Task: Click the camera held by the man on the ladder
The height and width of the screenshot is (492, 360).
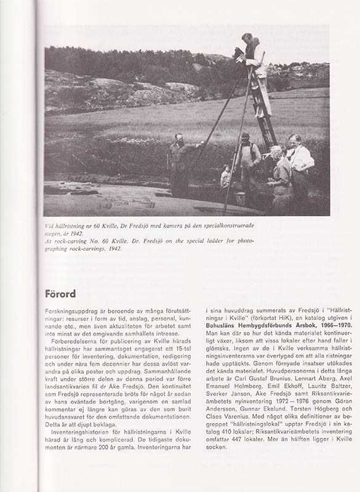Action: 238,54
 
